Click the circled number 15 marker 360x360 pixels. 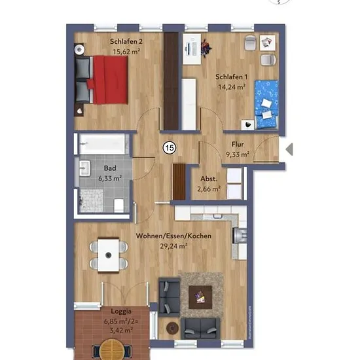pos(170,148)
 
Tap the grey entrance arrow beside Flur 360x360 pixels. pos(290,149)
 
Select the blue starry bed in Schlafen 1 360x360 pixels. pos(266,104)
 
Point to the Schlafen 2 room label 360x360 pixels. pos(126,41)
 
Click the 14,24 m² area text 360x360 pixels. pos(232,87)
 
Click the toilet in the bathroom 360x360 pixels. pos(119,205)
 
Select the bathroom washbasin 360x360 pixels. pos(84,168)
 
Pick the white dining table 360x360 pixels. pos(109,255)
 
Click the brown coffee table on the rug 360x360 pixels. pos(200,297)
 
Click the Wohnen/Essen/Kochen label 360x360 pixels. pos(173,236)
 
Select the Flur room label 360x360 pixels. pos(238,145)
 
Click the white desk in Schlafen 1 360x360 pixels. pos(192,49)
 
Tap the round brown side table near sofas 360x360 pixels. pos(172,329)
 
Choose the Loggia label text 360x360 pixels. pos(121,312)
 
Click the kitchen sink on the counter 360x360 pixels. pos(217,216)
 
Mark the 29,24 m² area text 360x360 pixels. pos(173,246)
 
